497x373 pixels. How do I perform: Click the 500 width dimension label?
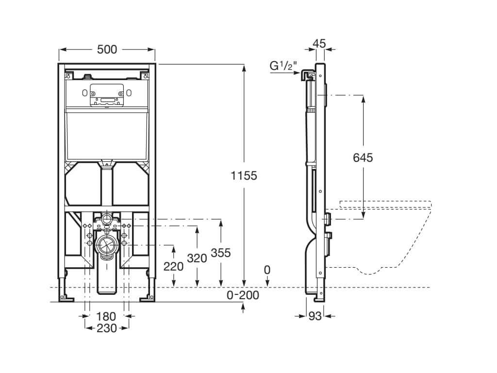tap(107, 49)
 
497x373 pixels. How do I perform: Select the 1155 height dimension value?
tap(244, 176)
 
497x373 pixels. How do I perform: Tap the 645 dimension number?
tap(363, 157)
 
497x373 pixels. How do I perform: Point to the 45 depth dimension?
tap(319, 43)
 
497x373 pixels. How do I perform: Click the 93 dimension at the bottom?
tap(315, 316)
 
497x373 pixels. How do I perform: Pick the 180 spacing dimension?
tap(106, 317)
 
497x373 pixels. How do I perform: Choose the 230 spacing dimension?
tap(106, 328)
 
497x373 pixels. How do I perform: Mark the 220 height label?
tap(174, 266)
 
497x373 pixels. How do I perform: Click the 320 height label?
tap(197, 258)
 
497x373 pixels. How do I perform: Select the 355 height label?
tap(221, 253)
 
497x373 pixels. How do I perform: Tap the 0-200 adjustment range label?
tap(243, 295)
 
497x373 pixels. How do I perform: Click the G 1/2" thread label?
tap(284, 66)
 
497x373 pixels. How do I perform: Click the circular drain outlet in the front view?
tap(107, 245)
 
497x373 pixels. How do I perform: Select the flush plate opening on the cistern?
tap(107, 95)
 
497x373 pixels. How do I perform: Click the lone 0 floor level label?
tap(267, 270)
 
